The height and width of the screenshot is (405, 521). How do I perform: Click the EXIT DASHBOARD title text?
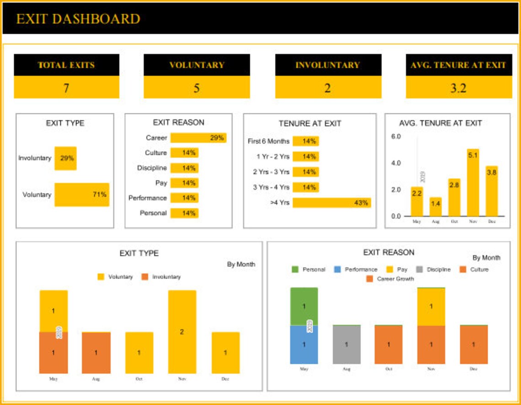[78, 19]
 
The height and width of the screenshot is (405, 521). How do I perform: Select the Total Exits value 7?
[66, 88]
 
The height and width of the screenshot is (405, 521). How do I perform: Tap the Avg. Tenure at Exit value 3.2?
[458, 88]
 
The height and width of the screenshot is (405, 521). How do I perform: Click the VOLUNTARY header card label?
[197, 65]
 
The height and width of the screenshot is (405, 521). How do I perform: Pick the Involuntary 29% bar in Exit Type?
[66, 158]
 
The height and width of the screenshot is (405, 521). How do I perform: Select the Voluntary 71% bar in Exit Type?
[82, 195]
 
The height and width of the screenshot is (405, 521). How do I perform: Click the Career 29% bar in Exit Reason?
[198, 138]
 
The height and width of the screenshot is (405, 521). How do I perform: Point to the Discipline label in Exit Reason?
[152, 168]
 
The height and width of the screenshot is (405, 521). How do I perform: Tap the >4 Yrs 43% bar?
[332, 202]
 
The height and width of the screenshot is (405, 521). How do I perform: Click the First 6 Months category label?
[268, 141]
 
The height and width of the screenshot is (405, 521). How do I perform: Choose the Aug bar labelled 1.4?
[436, 207]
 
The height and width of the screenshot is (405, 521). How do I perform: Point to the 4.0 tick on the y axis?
[396, 163]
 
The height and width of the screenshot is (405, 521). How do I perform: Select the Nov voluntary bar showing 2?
[182, 332]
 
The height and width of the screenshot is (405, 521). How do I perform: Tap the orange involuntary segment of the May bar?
[53, 352]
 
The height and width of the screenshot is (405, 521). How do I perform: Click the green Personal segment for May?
[304, 306]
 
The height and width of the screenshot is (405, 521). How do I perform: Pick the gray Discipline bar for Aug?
[346, 345]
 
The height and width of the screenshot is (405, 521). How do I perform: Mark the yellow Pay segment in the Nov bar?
[431, 307]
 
